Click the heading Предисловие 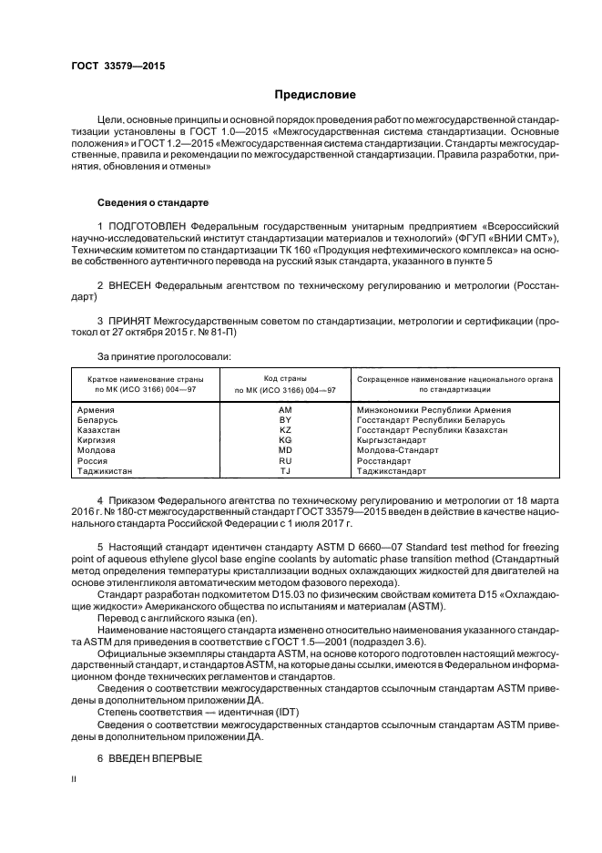point(315,95)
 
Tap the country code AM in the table point(285,410)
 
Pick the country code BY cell point(285,420)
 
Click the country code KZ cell point(285,430)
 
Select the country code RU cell point(285,461)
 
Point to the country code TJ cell point(285,471)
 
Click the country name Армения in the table point(97,410)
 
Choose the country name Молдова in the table point(97,451)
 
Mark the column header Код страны point(285,377)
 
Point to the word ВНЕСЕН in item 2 point(130,285)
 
